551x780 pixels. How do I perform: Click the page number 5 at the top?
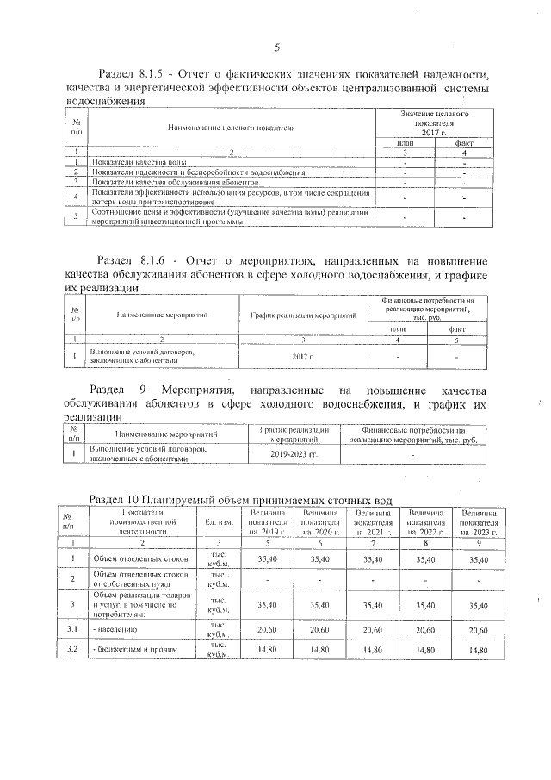click(x=276, y=47)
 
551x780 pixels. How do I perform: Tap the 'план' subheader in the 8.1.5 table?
click(x=404, y=142)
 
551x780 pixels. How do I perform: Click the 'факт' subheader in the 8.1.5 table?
click(x=464, y=142)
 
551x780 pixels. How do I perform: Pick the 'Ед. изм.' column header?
click(x=211, y=522)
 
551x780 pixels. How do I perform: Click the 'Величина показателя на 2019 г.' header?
click(x=265, y=522)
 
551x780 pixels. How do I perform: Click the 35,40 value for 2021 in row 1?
click(x=373, y=558)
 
